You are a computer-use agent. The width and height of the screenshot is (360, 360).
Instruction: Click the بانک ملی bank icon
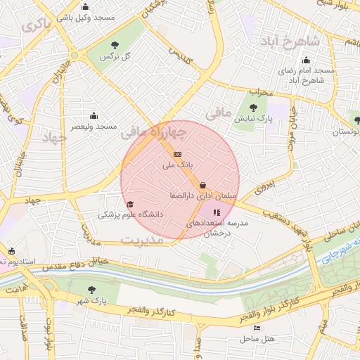point(177,154)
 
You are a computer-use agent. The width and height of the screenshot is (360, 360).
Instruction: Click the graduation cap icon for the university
point(129,204)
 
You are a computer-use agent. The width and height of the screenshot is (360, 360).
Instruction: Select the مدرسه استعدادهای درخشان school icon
point(217,212)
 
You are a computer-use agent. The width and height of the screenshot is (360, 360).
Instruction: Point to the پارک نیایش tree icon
point(253,108)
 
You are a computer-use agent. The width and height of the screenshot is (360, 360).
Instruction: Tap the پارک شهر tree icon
point(93,290)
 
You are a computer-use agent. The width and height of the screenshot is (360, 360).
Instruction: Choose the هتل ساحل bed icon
point(257,328)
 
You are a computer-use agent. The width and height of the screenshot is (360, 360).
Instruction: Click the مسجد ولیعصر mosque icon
point(94,116)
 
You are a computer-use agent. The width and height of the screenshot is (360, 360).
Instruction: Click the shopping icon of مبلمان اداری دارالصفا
point(203,185)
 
